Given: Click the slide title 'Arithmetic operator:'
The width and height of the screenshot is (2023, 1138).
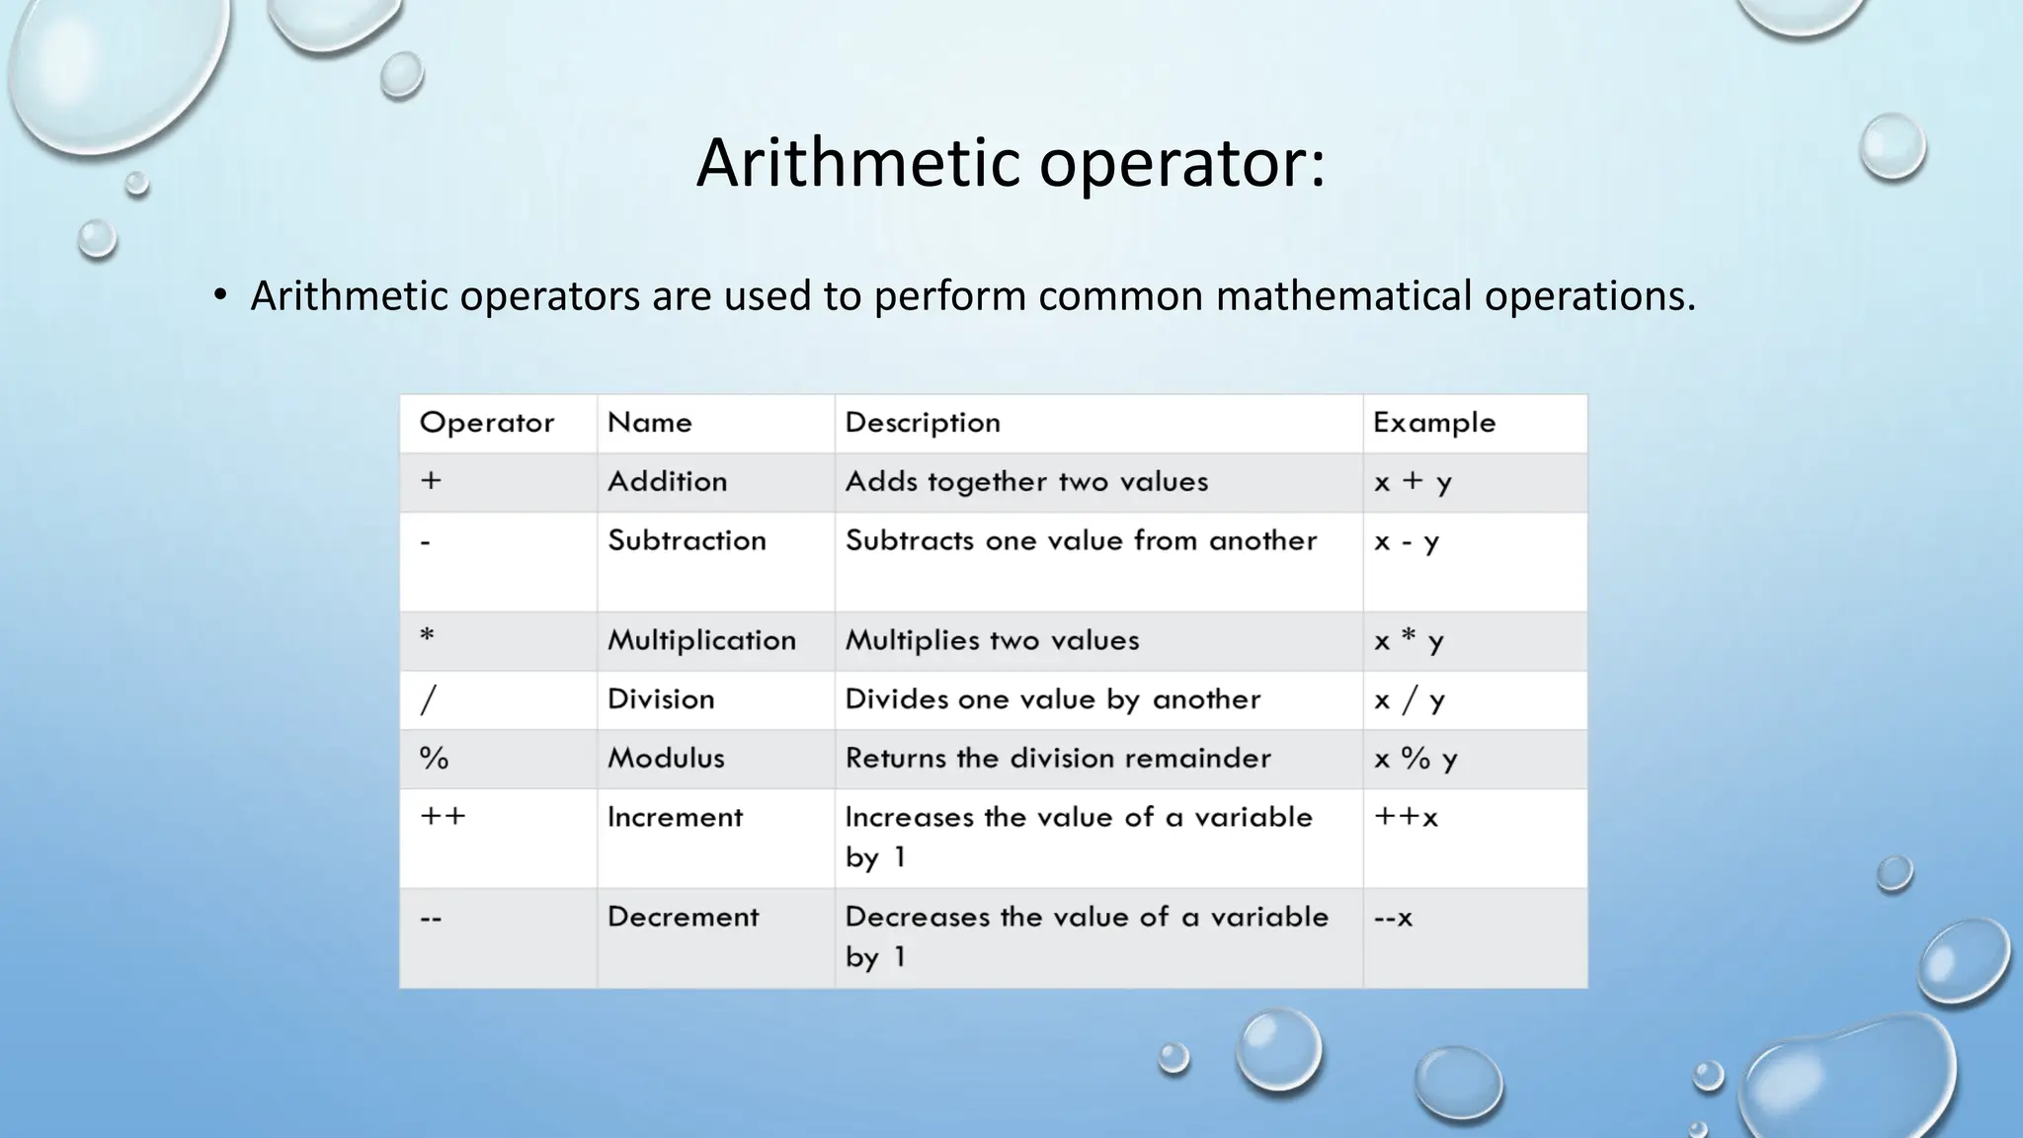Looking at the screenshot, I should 1011,163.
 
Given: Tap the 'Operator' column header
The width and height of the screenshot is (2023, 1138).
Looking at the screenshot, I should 486,423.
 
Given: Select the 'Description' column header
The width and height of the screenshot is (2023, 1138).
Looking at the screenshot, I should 923,423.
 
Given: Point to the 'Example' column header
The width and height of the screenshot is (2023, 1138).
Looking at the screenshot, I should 1433,423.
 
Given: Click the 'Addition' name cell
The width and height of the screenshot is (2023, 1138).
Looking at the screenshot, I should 667,482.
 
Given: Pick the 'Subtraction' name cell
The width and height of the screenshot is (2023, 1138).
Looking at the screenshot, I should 687,540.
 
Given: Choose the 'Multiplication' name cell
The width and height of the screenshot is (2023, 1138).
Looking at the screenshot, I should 701,640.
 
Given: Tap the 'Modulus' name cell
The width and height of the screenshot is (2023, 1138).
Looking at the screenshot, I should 666,759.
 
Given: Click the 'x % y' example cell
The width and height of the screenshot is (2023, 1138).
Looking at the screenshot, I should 1415,759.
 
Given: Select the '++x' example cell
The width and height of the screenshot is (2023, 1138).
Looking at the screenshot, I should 1405,818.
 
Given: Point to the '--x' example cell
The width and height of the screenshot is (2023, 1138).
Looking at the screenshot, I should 1393,918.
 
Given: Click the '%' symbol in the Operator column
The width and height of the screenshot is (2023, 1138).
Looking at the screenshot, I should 434,759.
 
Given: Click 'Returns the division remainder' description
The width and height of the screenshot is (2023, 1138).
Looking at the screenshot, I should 1058,759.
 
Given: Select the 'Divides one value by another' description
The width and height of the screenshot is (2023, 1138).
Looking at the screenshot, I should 1053,699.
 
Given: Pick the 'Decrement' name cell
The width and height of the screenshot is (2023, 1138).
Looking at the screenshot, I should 683,917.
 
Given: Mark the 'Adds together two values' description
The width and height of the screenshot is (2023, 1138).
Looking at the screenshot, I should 1026,482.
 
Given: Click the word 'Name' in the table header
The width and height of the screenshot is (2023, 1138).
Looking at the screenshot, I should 649,423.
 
